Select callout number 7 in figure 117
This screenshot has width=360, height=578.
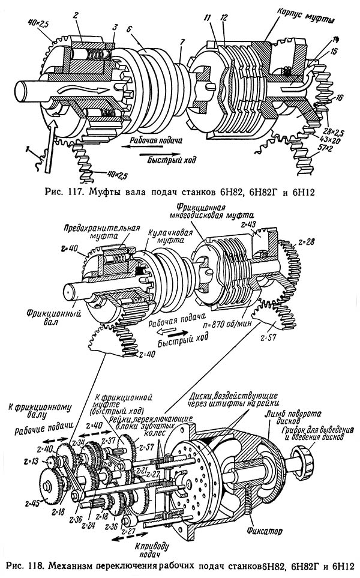(181, 41)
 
